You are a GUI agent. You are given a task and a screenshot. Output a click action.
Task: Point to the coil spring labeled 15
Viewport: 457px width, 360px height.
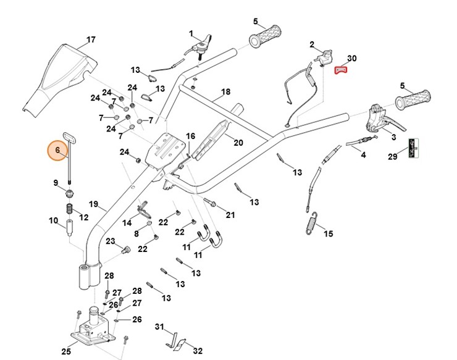[314, 223]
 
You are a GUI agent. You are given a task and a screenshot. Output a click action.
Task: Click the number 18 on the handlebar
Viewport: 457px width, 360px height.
[225, 91]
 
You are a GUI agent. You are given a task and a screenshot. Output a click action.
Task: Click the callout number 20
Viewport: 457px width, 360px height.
[238, 143]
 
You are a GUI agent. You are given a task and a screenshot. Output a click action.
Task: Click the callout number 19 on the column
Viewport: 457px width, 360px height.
[93, 204]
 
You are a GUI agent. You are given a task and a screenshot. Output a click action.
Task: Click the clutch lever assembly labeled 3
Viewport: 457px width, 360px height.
[378, 119]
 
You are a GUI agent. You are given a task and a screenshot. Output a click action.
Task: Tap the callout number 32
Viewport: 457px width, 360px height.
[198, 351]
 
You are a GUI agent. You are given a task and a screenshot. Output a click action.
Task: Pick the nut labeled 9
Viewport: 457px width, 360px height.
[70, 195]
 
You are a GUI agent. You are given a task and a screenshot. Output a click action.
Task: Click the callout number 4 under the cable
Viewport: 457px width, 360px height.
[363, 155]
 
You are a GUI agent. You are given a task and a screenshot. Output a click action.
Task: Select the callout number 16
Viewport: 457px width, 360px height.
[190, 136]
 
